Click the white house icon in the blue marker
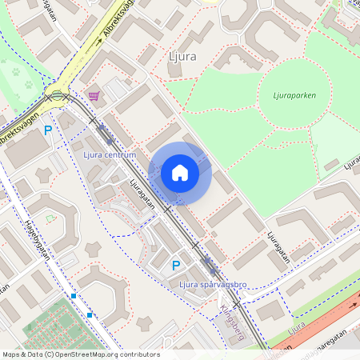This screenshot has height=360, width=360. [180, 172]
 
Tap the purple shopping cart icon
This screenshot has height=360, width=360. [94, 96]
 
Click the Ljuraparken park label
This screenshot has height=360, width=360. [287, 95]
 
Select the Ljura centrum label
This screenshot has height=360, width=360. [110, 154]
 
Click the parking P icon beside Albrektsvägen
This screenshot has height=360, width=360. [48, 130]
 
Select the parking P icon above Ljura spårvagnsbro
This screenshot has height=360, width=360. [176, 266]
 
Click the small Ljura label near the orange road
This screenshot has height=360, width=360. [297, 327]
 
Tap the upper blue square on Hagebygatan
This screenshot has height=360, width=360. [74, 296]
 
